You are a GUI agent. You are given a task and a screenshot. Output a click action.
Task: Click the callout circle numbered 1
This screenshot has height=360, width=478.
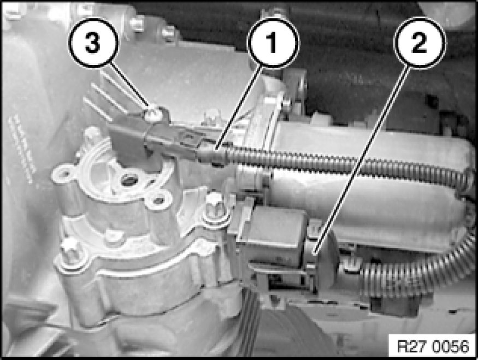point(273,43)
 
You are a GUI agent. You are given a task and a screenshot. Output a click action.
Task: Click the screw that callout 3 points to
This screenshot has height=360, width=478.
point(152,113)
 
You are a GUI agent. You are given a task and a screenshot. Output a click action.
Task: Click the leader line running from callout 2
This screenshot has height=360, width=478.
point(362,161)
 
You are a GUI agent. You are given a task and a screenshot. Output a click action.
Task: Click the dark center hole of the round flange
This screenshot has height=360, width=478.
point(127,180)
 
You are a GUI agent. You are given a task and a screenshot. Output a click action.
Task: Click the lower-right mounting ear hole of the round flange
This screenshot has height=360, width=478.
point(158,200)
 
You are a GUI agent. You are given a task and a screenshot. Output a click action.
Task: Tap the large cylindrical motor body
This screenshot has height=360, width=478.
point(366,195)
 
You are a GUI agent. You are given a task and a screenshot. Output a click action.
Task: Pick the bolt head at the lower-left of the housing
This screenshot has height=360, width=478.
point(70,249)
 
